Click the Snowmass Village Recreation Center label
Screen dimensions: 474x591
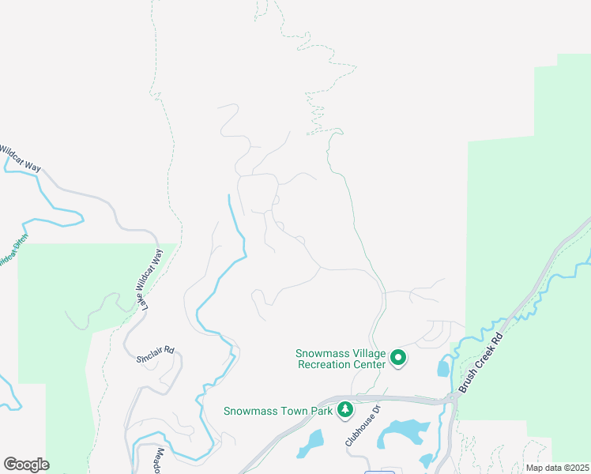(341, 359)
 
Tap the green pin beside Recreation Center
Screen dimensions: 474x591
(399, 359)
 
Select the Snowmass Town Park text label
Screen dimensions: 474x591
(277, 411)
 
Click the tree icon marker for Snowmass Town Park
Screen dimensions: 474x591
(344, 409)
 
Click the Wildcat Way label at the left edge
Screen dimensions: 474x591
(20, 156)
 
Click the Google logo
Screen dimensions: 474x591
(26, 465)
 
